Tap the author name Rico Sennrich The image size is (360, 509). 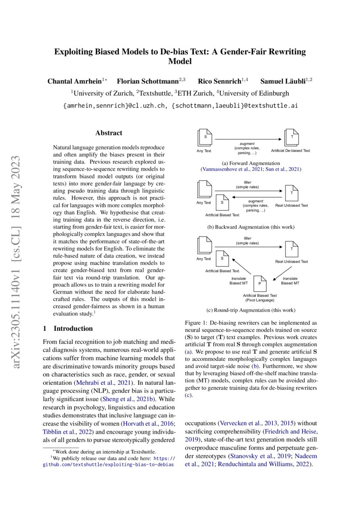point(219,81)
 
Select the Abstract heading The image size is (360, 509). point(109,133)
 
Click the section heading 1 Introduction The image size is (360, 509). point(69,328)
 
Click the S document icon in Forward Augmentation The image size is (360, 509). point(204,137)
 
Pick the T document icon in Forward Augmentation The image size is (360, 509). point(291,137)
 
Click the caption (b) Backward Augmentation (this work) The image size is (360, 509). point(250,227)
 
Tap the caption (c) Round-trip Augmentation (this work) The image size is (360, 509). point(250,310)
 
